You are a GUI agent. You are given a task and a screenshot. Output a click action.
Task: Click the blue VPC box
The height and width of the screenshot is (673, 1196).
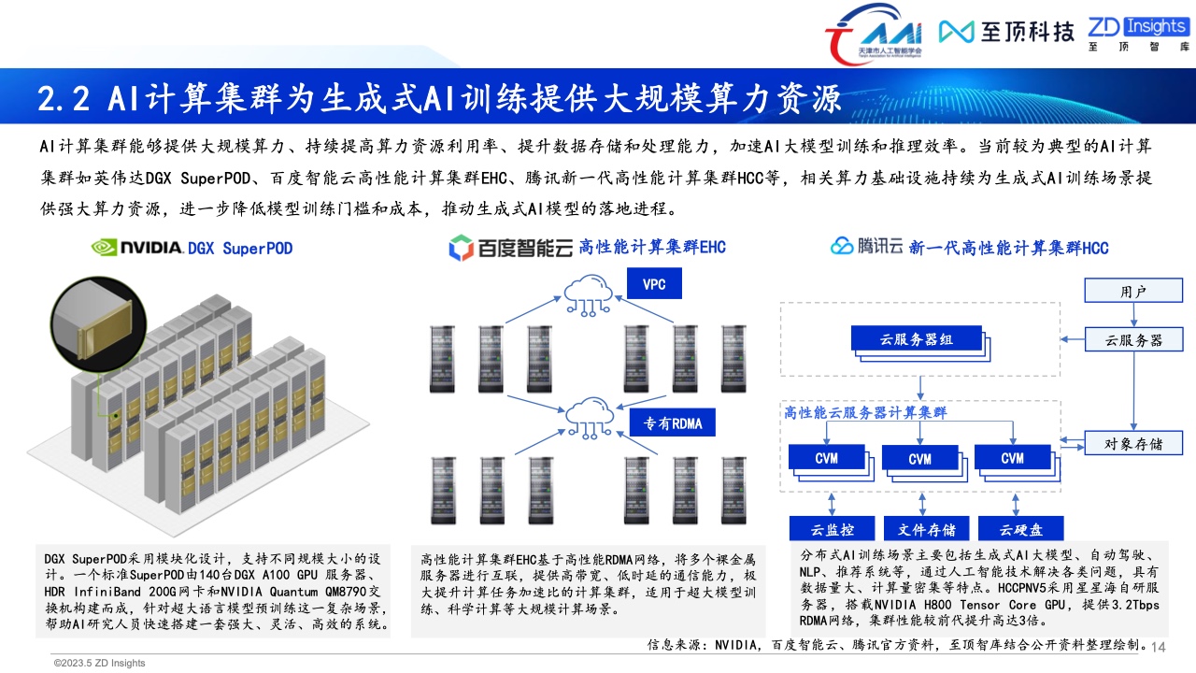[654, 283]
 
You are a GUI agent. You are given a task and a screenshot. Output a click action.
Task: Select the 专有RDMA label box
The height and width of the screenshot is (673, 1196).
[672, 423]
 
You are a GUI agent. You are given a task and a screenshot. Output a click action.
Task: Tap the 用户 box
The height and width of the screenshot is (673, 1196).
[1133, 291]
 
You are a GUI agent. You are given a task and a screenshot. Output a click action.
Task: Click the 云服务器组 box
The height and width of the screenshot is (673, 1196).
[917, 338]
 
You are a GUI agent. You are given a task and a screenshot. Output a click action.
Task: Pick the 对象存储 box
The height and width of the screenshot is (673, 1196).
[1133, 443]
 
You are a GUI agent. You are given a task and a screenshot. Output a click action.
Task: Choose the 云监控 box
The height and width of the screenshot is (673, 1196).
[832, 529]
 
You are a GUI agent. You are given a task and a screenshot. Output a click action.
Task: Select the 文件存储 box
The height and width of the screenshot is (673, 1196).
[926, 529]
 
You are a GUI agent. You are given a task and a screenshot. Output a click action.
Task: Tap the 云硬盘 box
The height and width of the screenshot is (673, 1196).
[1021, 529]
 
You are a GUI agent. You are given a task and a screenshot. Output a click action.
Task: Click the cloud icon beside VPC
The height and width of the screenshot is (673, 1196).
[588, 295]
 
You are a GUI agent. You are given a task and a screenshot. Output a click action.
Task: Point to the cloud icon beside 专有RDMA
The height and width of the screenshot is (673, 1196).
[589, 418]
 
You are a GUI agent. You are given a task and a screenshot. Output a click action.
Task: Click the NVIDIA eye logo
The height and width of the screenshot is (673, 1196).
[104, 248]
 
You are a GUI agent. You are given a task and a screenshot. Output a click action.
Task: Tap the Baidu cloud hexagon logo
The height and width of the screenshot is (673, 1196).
[461, 248]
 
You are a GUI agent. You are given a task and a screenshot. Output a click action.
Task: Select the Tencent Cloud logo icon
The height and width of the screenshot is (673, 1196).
[842, 246]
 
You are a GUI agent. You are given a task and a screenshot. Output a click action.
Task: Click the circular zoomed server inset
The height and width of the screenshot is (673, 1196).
[98, 324]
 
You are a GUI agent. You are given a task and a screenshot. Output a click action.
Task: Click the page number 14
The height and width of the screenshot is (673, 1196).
[1158, 648]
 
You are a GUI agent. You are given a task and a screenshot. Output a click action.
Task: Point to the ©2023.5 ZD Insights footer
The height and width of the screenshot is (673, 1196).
[99, 663]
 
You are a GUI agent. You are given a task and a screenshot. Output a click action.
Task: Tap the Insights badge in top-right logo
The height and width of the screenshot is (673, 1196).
[1157, 25]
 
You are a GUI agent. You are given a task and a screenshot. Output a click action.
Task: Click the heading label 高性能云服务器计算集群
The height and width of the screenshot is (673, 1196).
[865, 412]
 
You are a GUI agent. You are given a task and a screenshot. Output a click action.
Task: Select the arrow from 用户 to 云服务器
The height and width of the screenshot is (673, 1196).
[1133, 315]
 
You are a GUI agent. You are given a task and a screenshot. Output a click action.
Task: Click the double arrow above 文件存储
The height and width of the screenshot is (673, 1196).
[922, 504]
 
